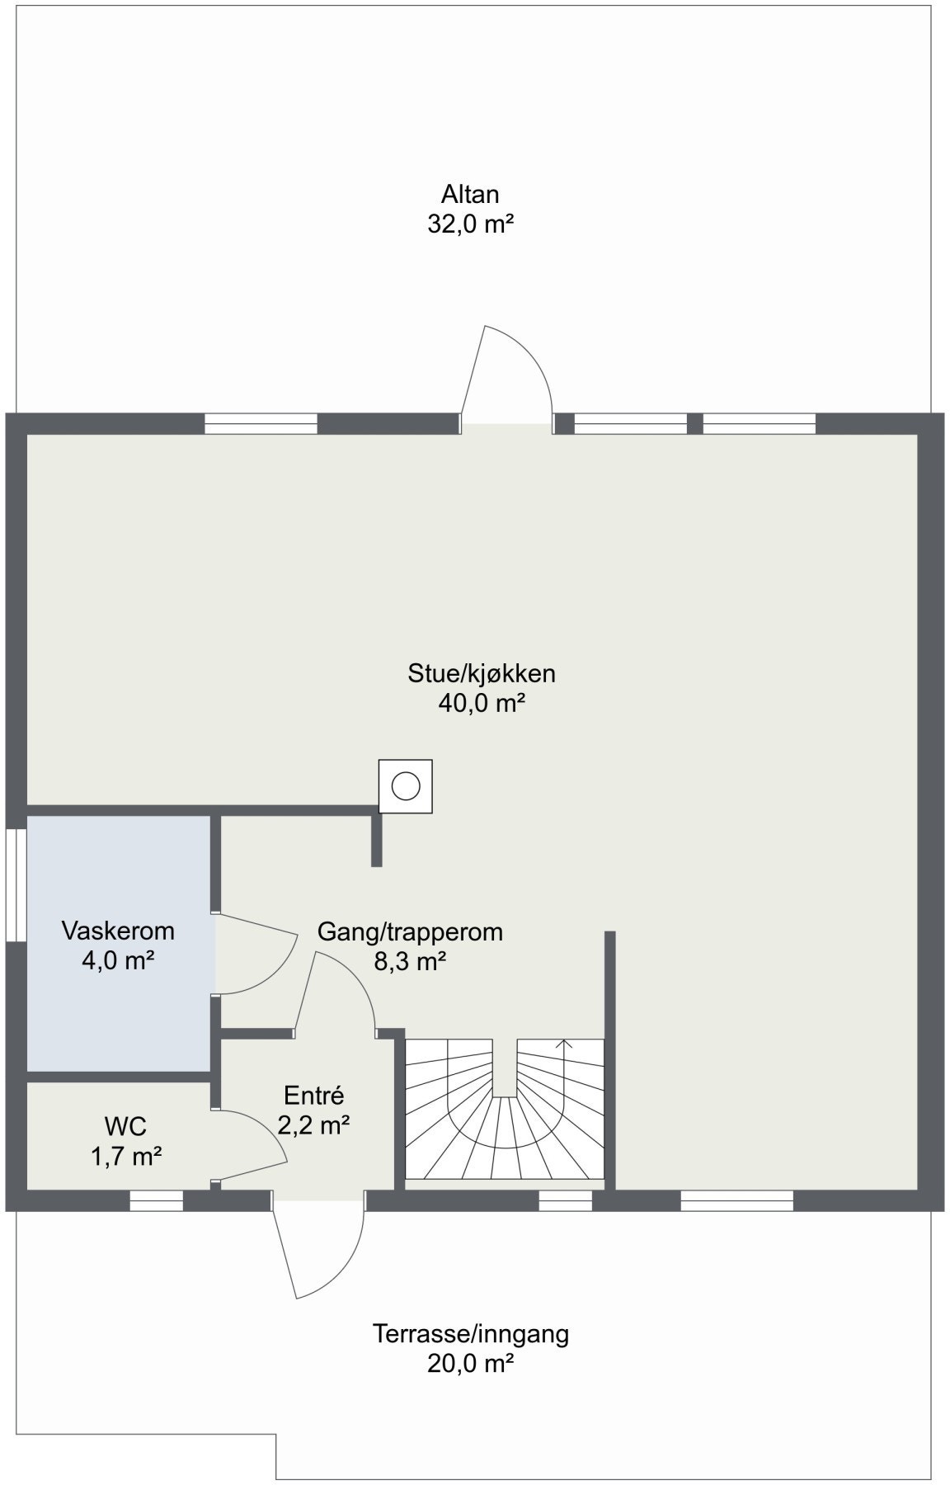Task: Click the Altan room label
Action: coord(470,194)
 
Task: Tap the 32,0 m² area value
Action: coord(470,224)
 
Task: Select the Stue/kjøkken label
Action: coord(482,673)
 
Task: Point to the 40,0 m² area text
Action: coord(482,703)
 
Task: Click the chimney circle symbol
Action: coord(405,786)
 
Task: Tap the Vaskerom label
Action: coord(118,931)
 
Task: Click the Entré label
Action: coord(313,1096)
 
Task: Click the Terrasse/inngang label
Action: coord(470,1333)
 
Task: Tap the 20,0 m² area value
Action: coord(470,1363)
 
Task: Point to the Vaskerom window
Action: coord(16,884)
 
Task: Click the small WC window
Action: coord(156,1202)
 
